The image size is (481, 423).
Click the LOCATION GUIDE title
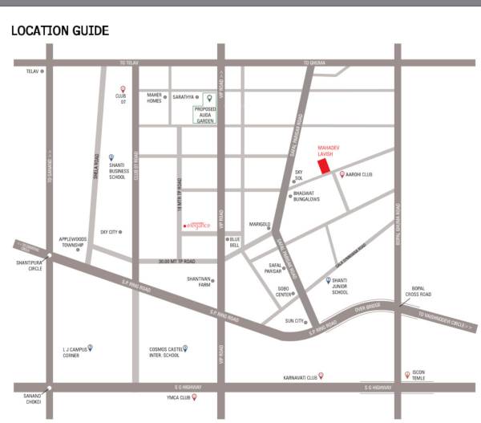point(59,31)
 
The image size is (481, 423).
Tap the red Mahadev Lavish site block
point(324,165)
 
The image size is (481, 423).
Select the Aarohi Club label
point(361,173)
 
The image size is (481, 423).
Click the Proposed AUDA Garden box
point(206,113)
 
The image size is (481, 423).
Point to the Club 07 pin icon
point(123,89)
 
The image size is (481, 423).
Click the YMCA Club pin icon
point(193,397)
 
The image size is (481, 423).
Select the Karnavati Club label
point(299,376)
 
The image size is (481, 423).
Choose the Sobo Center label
point(285,292)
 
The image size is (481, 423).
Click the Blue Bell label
point(235,242)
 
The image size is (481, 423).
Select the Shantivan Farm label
point(199,281)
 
